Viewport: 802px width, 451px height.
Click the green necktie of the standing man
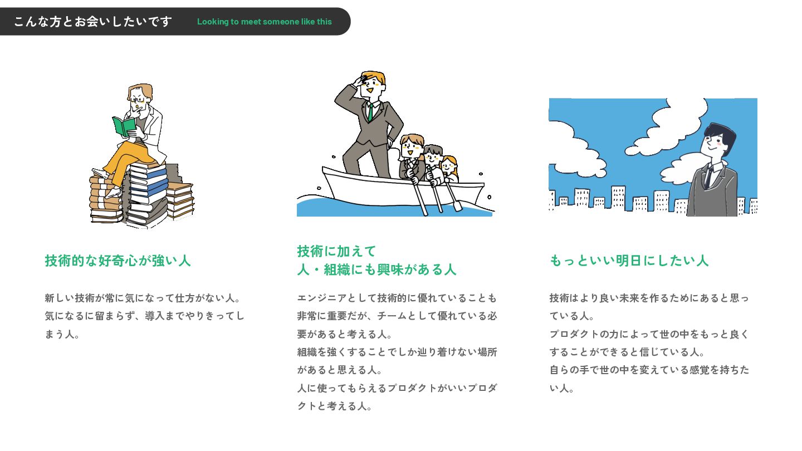coord(370,112)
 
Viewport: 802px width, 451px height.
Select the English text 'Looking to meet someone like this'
coord(264,22)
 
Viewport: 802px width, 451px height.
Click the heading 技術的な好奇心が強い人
coord(118,261)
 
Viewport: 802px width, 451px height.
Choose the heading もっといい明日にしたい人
coord(629,261)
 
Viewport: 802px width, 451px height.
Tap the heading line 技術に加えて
coord(336,251)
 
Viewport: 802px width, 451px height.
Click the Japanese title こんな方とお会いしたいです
coord(93,22)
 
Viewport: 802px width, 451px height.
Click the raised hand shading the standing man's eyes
coord(360,81)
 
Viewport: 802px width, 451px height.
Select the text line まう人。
coord(62,334)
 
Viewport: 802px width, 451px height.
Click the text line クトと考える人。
coord(334,406)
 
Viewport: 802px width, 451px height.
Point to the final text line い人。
coord(562,389)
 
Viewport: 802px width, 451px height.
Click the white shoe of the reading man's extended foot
coord(101,173)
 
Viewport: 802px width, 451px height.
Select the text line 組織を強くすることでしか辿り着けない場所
coord(397,352)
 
